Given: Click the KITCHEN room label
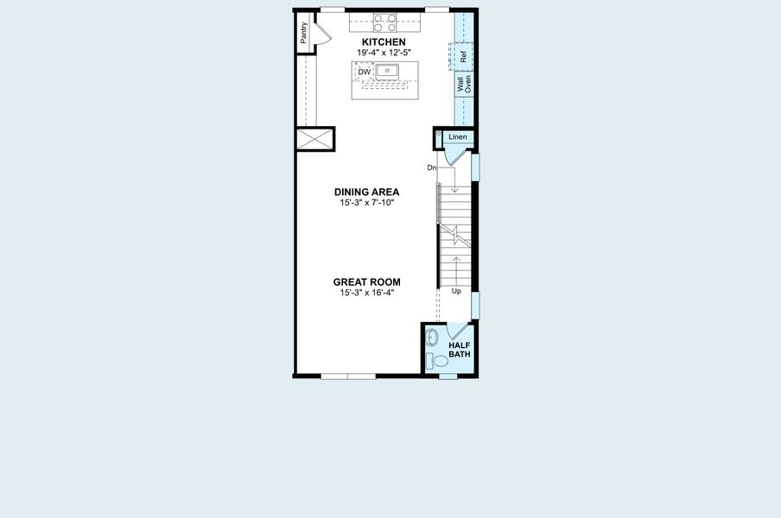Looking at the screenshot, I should (384, 42).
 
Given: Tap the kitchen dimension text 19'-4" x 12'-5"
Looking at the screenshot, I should (384, 53).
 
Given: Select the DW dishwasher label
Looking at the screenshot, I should (364, 72).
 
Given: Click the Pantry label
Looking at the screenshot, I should (304, 33).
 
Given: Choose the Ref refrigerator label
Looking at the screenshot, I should (464, 57).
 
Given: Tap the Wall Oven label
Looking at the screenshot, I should (464, 85).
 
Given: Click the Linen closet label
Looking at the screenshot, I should (457, 137).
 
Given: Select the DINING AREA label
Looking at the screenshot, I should (367, 193).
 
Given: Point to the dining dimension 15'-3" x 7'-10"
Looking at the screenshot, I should (367, 203).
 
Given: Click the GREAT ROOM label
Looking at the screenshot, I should (367, 282).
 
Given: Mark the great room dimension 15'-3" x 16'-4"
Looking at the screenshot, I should (367, 293).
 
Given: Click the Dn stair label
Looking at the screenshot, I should (431, 167).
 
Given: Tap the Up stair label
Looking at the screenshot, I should (456, 291).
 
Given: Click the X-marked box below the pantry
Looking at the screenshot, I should (314, 139).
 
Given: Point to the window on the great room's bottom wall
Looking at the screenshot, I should (347, 376).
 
